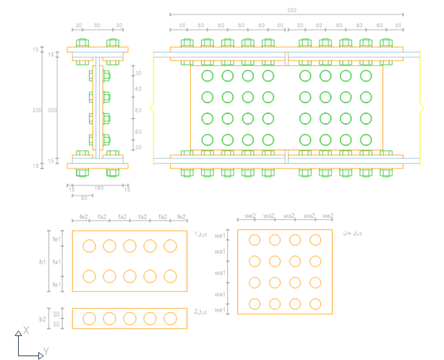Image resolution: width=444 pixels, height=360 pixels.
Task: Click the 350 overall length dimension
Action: [291, 10]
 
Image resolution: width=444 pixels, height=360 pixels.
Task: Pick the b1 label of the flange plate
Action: [43, 261]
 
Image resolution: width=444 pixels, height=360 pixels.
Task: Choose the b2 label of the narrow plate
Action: [43, 318]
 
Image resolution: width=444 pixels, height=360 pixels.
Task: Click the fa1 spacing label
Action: [57, 261]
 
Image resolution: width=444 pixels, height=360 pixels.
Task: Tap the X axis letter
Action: [26, 330]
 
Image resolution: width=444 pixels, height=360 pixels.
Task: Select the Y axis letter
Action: [46, 351]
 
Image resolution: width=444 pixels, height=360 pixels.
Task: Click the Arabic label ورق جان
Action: [351, 232]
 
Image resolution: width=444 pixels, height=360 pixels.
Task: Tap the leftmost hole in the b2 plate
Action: [89, 318]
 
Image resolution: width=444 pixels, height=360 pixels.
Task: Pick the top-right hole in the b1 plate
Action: [170, 246]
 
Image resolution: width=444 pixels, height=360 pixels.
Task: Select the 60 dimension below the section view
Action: [83, 197]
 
